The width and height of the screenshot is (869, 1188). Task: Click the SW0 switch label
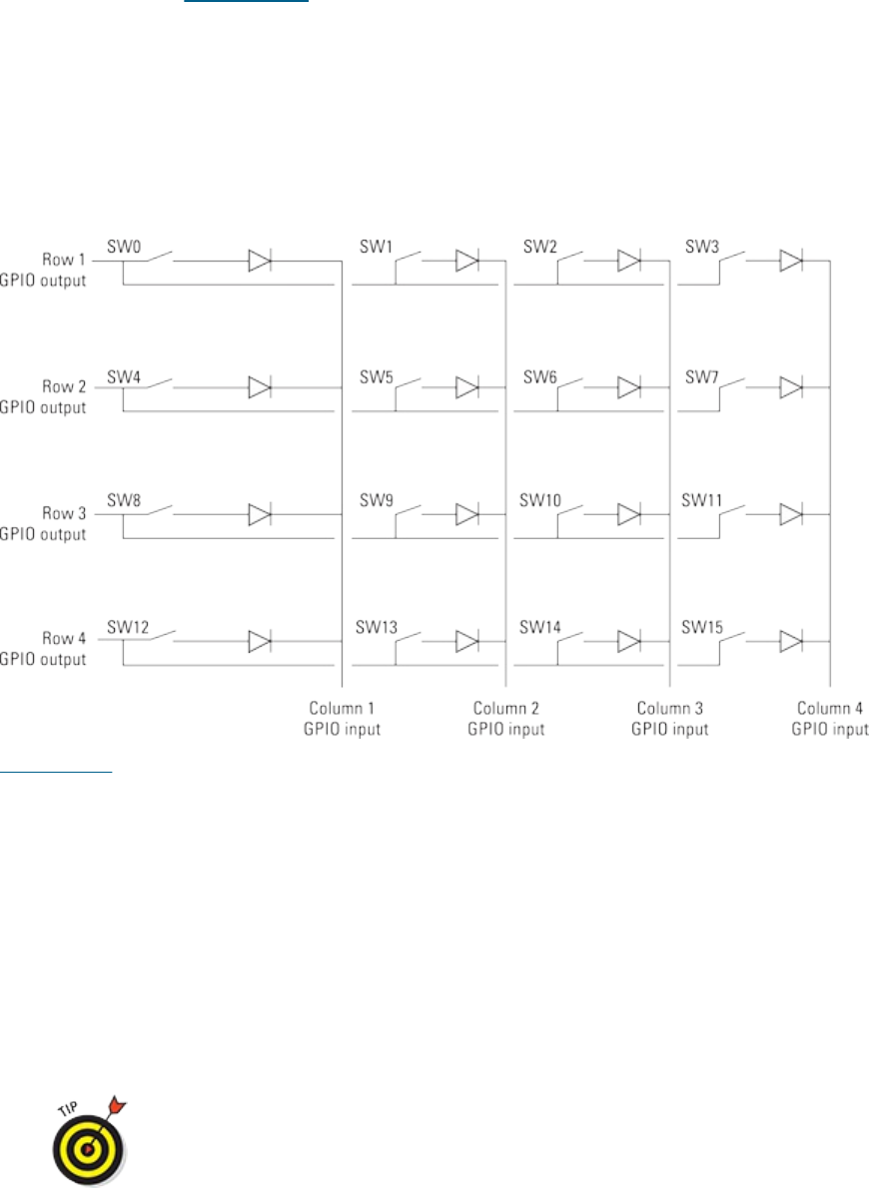123,246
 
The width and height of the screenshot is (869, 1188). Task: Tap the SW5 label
376,378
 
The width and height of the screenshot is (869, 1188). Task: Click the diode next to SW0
260,262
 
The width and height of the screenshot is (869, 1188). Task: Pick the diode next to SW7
791,387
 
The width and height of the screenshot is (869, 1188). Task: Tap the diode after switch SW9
467,514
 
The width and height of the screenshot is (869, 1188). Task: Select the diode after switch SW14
629,641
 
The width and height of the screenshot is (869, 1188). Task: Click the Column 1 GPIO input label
343,719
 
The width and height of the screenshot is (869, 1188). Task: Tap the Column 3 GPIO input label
669,719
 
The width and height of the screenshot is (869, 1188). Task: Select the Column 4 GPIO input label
830,719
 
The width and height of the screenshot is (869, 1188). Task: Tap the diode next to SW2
629,262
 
